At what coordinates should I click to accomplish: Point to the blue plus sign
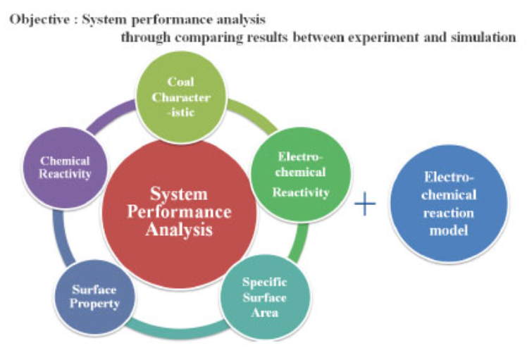pos(364,205)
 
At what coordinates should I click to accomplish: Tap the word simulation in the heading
pos(483,37)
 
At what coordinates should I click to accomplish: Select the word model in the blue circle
pos(448,229)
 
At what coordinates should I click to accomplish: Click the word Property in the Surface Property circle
pos(94,304)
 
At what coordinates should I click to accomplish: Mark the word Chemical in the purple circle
pos(65,161)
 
